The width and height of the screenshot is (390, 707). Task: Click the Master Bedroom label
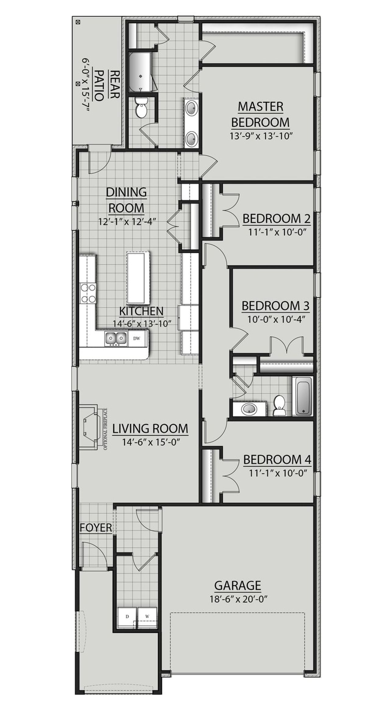[x=260, y=115]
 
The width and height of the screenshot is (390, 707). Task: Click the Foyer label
[x=96, y=528]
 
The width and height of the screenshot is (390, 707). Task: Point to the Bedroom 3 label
[x=275, y=306]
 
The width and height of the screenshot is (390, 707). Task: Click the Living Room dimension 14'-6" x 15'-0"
[x=150, y=442]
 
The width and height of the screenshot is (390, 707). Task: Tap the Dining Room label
[x=126, y=200]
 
